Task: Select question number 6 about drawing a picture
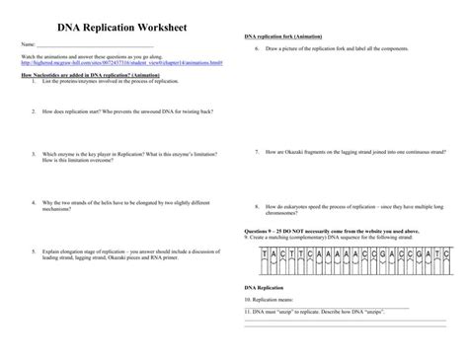(x=256, y=46)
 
